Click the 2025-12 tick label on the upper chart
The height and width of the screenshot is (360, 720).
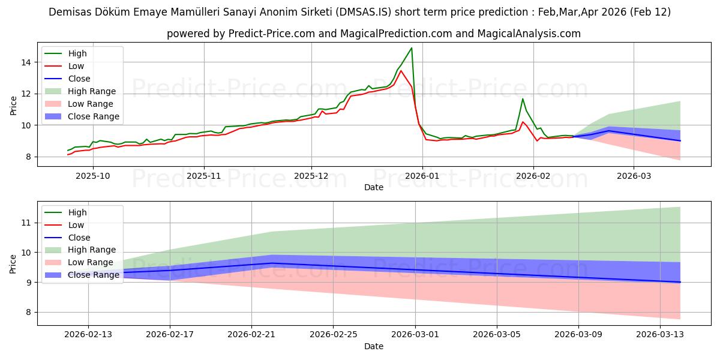point(311,176)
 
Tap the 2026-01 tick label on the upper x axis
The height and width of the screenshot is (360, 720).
point(422,176)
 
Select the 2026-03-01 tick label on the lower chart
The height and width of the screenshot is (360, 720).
point(415,334)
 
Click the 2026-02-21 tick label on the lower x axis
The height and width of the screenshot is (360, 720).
point(251,334)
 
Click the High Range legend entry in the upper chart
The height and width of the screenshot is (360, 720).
point(92,91)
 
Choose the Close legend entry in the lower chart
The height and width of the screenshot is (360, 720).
point(79,238)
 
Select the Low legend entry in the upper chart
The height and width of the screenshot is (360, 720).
point(76,66)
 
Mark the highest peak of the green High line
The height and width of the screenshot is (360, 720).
point(412,48)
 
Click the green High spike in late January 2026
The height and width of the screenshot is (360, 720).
point(523,98)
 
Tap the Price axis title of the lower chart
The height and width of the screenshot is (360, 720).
point(13,263)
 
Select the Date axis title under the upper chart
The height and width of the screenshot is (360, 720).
point(373,187)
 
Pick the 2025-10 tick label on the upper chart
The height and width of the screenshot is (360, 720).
point(93,176)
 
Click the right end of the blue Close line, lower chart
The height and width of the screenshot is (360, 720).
point(680,282)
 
